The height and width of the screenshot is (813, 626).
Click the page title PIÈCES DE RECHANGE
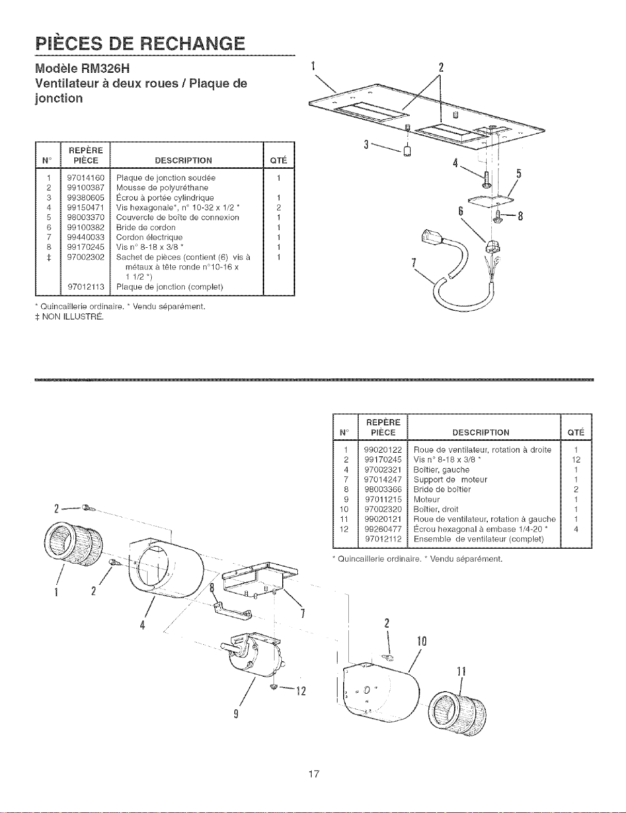coord(140,44)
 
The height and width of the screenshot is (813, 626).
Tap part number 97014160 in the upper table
coord(86,178)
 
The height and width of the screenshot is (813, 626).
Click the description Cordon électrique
coord(149,237)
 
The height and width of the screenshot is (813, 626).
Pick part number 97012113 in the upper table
coord(86,287)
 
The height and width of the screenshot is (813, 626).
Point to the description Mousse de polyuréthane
coord(162,188)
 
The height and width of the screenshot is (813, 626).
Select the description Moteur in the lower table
coord(427,500)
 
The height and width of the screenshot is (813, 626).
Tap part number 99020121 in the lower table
coord(383,519)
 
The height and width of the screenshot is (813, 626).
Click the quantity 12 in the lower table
coord(576,460)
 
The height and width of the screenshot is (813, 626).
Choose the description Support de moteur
coord(450,480)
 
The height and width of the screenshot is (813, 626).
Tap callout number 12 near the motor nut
coord(301,691)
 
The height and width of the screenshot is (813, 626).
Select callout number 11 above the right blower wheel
coord(461,672)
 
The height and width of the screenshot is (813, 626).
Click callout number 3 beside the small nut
coord(367,145)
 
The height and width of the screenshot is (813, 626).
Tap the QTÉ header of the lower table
coord(576,433)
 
